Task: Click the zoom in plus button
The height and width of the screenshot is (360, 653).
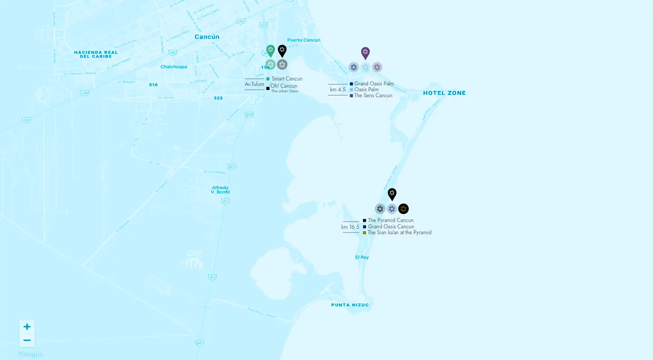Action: [27, 327]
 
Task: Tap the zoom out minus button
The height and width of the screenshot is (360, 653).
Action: [27, 341]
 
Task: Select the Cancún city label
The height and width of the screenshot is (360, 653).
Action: [207, 37]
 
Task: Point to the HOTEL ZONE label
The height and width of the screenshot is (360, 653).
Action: [444, 93]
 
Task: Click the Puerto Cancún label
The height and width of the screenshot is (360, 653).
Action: [304, 40]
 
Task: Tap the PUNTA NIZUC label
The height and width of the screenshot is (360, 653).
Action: [350, 305]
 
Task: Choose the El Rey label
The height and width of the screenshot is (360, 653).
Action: [362, 257]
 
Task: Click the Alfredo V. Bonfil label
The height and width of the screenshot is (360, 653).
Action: [220, 190]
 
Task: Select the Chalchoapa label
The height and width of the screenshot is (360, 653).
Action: [174, 67]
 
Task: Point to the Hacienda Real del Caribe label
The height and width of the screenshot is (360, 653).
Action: [96, 54]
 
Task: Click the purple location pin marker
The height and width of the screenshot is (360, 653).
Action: [365, 52]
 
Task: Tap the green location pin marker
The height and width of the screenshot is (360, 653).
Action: [271, 50]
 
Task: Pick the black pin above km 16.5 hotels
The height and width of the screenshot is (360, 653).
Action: [392, 194]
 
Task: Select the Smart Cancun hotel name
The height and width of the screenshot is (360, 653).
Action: [287, 79]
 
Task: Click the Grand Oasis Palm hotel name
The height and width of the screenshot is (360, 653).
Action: [374, 84]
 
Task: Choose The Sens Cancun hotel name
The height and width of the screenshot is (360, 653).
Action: [373, 95]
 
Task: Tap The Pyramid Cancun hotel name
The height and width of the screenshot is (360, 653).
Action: [391, 220]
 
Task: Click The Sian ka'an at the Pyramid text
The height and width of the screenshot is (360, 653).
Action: [399, 232]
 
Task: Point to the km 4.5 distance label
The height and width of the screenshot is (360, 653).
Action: [338, 90]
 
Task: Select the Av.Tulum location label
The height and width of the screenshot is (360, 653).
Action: [254, 84]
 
